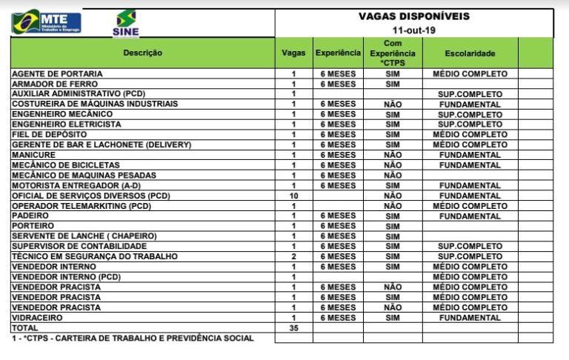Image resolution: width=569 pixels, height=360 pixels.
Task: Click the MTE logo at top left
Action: tap(46, 21)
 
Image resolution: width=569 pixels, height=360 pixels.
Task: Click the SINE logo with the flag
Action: tap(125, 23)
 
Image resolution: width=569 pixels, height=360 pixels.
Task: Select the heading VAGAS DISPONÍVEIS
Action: tap(413, 16)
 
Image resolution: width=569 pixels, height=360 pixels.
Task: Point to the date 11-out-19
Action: tap(413, 30)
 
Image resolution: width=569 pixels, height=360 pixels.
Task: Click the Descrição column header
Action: tap(142, 53)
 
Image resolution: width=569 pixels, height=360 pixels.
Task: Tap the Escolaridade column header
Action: tap(470, 53)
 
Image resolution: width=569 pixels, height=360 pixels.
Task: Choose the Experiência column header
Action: tap(338, 53)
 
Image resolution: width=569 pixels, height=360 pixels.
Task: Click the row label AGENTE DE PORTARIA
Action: tap(57, 74)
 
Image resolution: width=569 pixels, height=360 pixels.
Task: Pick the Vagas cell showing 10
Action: tap(293, 196)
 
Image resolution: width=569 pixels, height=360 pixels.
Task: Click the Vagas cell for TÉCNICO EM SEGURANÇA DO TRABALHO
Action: tap(293, 256)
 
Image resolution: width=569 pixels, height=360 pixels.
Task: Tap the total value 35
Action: tap(293, 327)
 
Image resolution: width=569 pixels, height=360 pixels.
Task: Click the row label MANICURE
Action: tap(33, 155)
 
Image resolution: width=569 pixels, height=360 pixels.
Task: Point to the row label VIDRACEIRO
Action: tap(38, 317)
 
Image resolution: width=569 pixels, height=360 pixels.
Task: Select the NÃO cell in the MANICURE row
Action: tap(393, 155)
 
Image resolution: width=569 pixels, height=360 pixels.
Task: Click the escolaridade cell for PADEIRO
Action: tap(470, 216)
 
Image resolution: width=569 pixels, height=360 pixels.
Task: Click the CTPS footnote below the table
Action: tap(133, 338)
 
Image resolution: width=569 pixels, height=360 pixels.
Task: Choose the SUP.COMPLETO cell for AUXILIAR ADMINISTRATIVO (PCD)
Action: tap(470, 94)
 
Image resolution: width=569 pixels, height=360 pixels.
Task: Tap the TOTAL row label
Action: tap(24, 327)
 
